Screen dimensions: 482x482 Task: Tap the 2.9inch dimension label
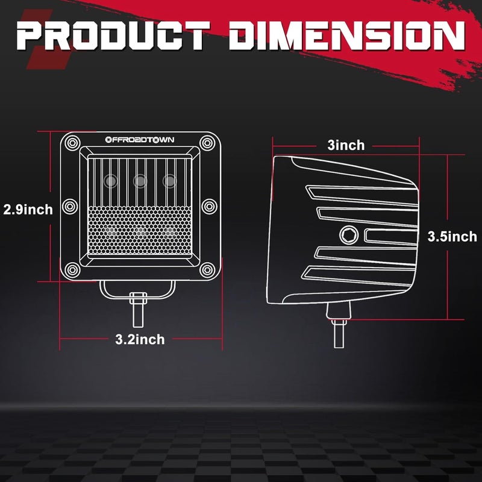28,210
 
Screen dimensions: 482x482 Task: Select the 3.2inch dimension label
140,339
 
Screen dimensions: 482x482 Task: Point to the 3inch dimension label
346,145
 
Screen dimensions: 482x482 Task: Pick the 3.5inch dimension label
452,237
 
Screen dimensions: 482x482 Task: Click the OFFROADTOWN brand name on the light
140,140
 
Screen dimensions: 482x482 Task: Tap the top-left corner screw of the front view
72,143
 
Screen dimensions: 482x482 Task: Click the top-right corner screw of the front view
207,143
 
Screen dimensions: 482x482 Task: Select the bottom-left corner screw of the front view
72,270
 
